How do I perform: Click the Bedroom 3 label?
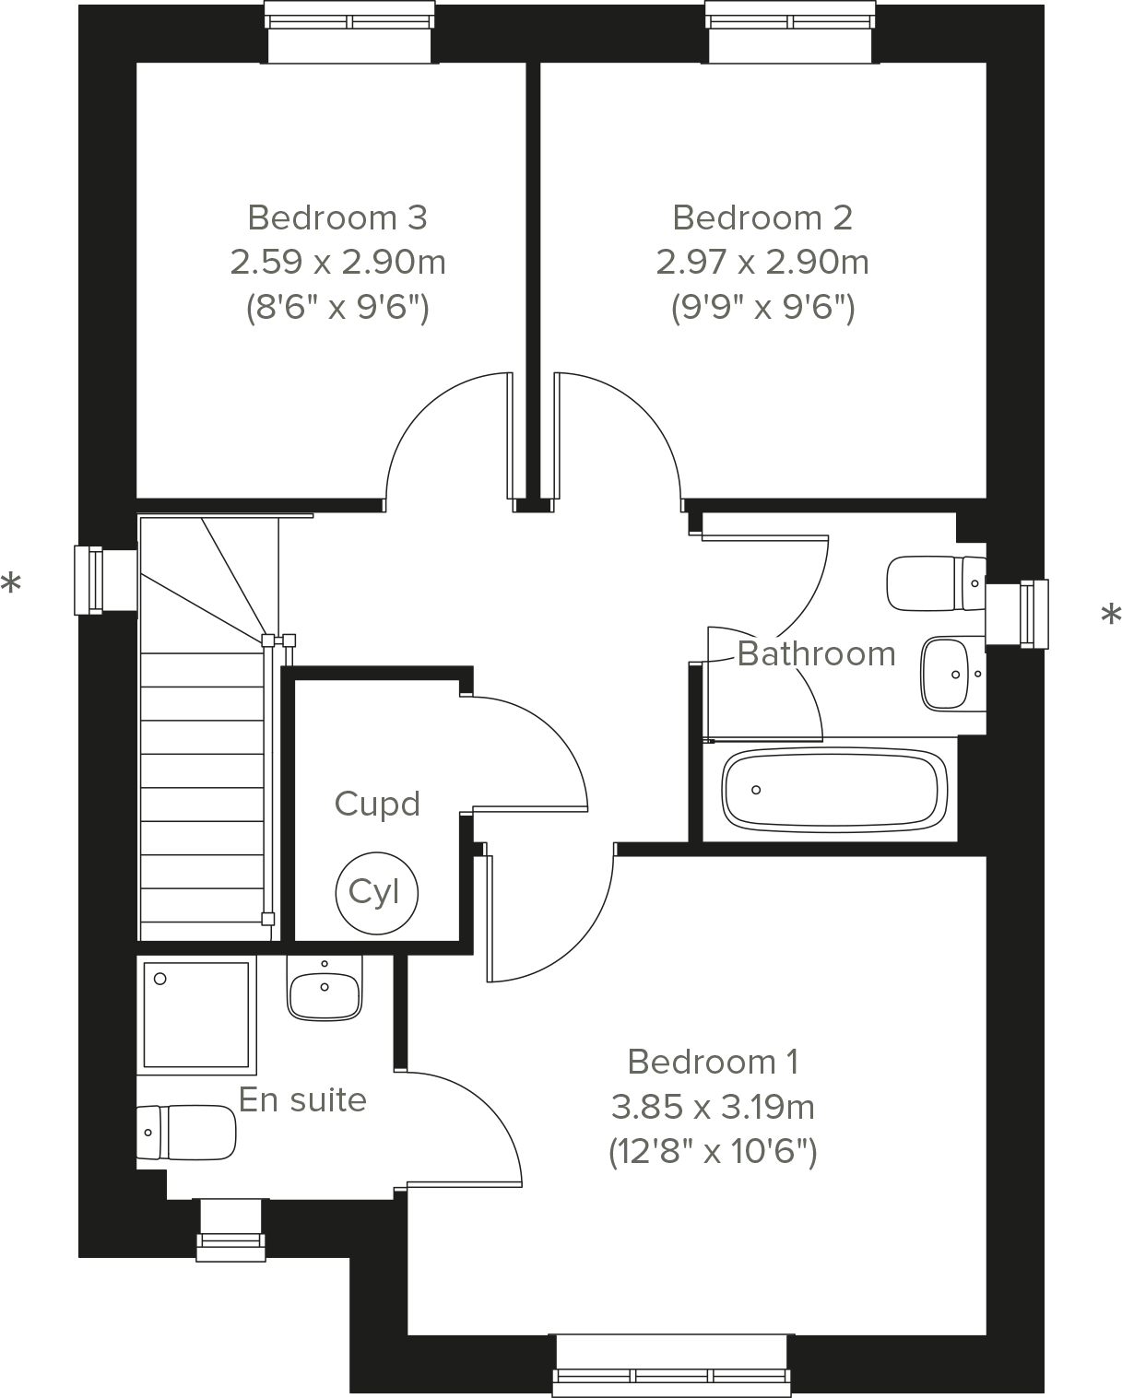coord(337,218)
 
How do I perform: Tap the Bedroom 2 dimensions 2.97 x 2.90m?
coord(762,263)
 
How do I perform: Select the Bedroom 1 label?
coord(713,1063)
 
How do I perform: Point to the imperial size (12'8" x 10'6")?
coord(713,1152)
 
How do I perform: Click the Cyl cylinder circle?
coord(376,892)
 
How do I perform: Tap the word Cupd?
coord(377,804)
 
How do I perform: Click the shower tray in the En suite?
coord(197,1014)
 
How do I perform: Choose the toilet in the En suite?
coord(186,1132)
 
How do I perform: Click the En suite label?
coord(302,1100)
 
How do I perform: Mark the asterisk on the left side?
coord(11,584)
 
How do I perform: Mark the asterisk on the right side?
coord(1112,616)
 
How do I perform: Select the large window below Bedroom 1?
coord(672,1366)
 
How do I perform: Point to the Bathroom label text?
coord(816,654)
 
